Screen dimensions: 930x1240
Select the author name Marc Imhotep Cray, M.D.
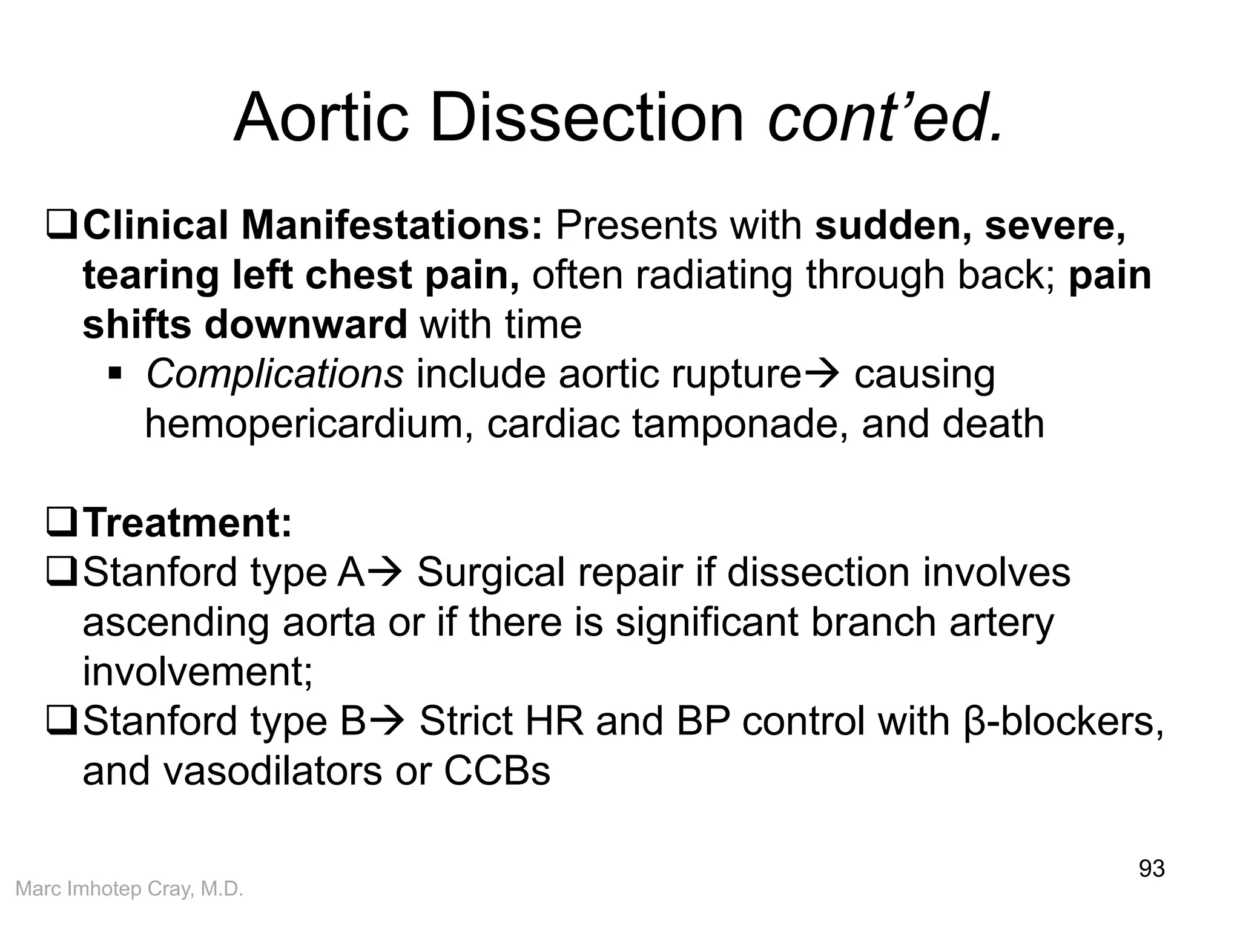(129, 889)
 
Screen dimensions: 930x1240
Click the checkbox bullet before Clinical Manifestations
(61, 226)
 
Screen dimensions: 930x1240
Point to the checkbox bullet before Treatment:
(61, 524)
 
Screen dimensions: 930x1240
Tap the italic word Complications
(274, 374)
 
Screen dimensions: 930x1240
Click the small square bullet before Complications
(114, 372)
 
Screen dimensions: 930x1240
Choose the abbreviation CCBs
(497, 771)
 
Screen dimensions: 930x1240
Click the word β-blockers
(1063, 722)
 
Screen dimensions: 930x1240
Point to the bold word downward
(306, 325)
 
